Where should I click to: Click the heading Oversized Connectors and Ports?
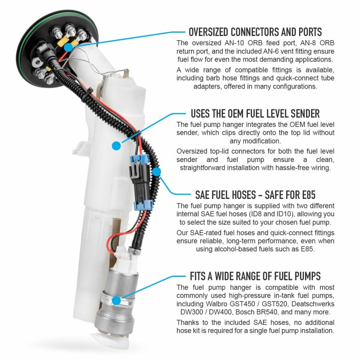pyautogui.click(x=255, y=32)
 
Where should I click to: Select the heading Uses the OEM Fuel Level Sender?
pyautogui.click(x=255, y=114)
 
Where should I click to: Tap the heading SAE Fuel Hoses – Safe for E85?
pyautogui.click(x=255, y=195)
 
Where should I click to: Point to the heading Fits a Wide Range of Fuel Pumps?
pyautogui.click(x=255, y=276)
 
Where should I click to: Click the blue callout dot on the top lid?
pyautogui.click(x=68, y=48)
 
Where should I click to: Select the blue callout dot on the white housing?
pyautogui.click(x=116, y=146)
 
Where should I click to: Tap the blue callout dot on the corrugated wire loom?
pyautogui.click(x=156, y=172)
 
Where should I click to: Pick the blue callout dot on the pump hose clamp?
pyautogui.click(x=117, y=300)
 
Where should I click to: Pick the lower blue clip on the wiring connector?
pyautogui.click(x=143, y=205)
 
